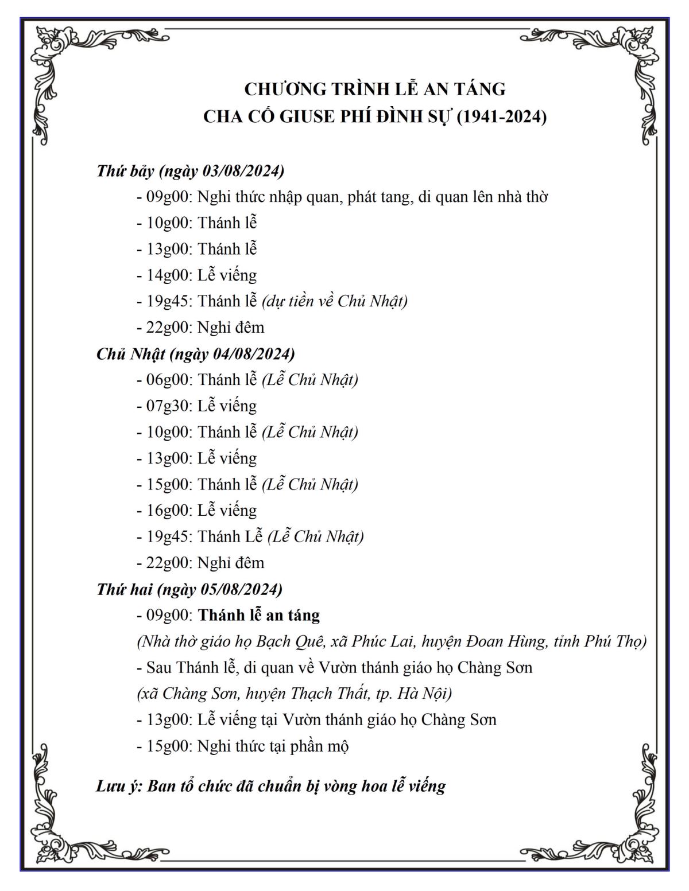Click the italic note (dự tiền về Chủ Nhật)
point(335,301)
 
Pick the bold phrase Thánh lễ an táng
point(259,615)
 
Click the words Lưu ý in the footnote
point(118,785)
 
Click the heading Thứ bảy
point(126,171)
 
